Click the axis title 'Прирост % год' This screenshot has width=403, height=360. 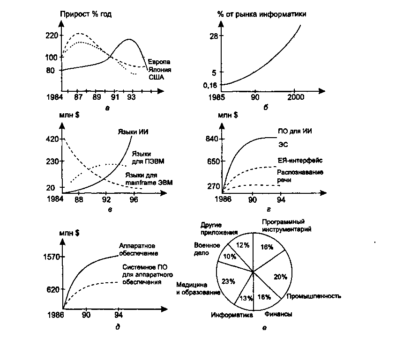click(x=86, y=14)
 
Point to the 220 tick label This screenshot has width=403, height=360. click(x=52, y=35)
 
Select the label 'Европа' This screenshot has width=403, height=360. click(x=159, y=62)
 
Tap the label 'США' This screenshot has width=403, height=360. click(x=156, y=77)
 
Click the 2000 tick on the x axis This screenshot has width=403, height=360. click(x=296, y=97)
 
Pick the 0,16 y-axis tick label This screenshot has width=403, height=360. click(x=210, y=85)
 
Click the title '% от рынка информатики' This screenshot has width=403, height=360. click(x=262, y=14)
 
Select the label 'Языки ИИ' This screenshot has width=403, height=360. click(x=133, y=132)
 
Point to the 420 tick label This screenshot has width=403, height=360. click(x=52, y=139)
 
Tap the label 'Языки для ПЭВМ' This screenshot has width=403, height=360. click(x=148, y=158)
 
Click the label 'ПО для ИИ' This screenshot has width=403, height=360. click(x=295, y=131)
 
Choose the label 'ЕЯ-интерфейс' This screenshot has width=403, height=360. click(x=300, y=161)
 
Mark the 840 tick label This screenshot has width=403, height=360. click(x=212, y=139)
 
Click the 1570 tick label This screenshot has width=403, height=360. click(x=52, y=257)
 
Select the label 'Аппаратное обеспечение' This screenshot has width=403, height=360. click(x=139, y=250)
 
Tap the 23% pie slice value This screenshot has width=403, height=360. click(x=229, y=281)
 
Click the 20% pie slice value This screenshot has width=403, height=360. click(x=280, y=277)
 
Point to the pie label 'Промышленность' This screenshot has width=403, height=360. click(x=314, y=296)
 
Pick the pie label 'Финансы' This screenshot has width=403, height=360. click(x=278, y=314)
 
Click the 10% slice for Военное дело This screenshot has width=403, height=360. click(x=230, y=256)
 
